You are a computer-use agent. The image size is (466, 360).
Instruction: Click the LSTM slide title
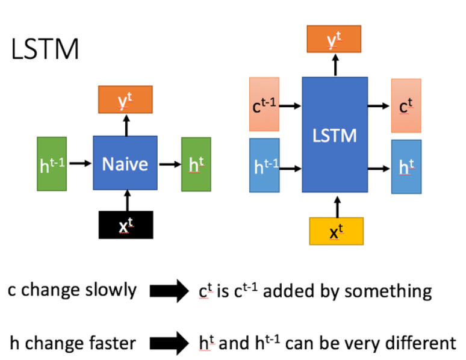(x=45, y=49)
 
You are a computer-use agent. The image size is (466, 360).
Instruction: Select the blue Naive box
(x=125, y=163)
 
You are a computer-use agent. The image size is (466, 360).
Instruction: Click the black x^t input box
(x=126, y=225)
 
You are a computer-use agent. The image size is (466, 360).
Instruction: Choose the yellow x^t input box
(x=336, y=231)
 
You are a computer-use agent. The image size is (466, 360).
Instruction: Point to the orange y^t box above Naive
(x=125, y=99)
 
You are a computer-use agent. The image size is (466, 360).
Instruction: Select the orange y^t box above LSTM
(x=334, y=39)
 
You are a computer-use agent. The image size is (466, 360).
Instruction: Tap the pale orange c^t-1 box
(x=264, y=104)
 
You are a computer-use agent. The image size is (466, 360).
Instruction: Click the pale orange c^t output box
(x=406, y=105)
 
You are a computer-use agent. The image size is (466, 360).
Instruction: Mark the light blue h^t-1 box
(x=264, y=165)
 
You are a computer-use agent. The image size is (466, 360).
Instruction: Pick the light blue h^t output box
(x=406, y=167)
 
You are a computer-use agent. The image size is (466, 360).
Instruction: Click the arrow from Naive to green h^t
(x=169, y=164)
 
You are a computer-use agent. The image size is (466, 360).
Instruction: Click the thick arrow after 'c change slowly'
(x=169, y=291)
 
